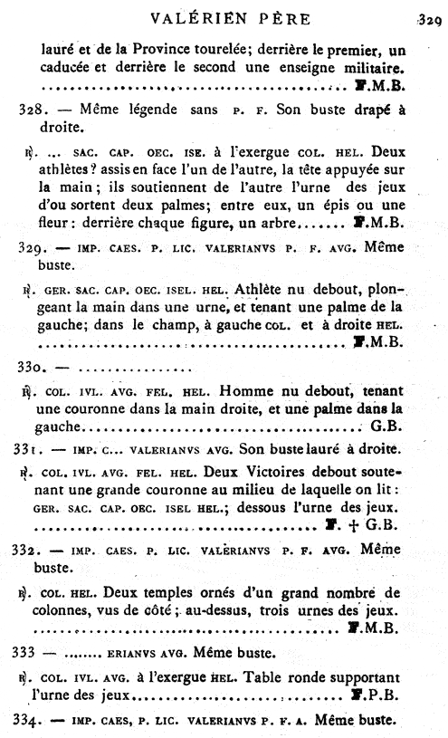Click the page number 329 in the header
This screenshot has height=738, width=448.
pyautogui.click(x=426, y=17)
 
